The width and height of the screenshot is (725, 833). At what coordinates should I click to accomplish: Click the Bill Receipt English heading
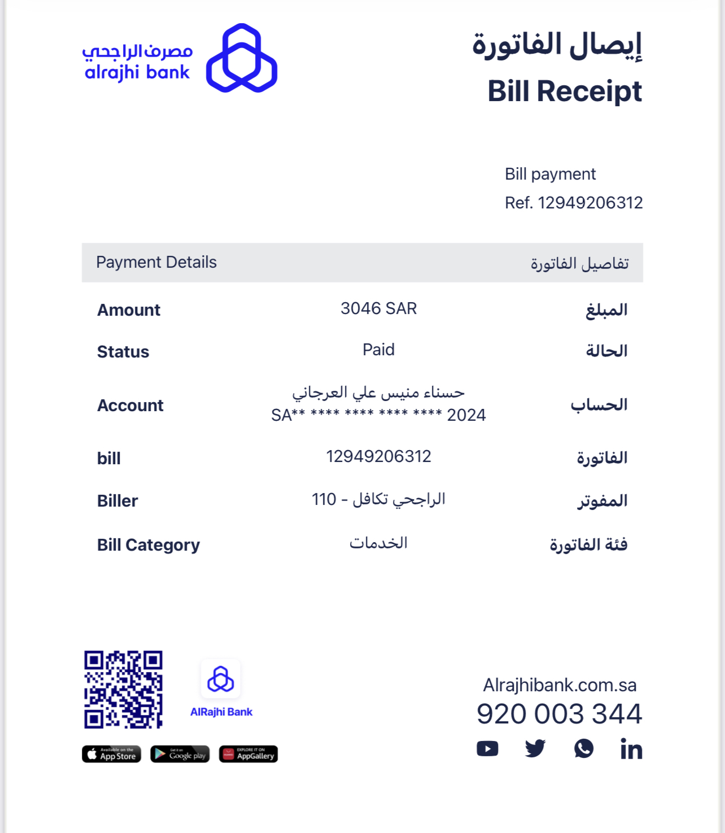(565, 91)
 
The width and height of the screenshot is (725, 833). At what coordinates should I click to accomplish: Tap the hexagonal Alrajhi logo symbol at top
(242, 58)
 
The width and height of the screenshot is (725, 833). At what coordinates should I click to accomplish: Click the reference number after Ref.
(590, 203)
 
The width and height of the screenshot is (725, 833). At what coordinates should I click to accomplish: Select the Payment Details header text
(156, 263)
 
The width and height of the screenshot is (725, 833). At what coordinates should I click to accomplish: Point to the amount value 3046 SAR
(378, 308)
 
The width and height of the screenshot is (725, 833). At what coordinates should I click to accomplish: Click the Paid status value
(378, 350)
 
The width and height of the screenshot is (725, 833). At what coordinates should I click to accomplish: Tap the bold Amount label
(129, 310)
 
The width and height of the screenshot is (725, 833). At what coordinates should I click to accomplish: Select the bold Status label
(123, 352)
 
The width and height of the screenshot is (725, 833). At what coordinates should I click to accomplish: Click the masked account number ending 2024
(378, 416)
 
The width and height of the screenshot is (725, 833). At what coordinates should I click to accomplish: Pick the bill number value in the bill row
(378, 456)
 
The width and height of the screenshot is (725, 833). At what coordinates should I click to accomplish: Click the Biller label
(117, 501)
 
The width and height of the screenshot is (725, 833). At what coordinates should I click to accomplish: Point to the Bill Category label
(149, 545)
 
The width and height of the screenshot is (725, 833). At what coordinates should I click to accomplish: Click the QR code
(124, 689)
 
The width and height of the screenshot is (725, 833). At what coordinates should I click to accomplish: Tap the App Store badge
(111, 754)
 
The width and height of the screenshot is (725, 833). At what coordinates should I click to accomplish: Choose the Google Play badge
(180, 754)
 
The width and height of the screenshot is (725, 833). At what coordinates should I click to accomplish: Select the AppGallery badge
(248, 754)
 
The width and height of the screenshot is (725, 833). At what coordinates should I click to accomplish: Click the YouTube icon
(487, 749)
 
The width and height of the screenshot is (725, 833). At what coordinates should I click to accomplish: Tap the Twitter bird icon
(535, 749)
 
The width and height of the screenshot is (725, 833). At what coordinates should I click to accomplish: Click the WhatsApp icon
(584, 749)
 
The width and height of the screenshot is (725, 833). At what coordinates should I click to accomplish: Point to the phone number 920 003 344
(559, 714)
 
